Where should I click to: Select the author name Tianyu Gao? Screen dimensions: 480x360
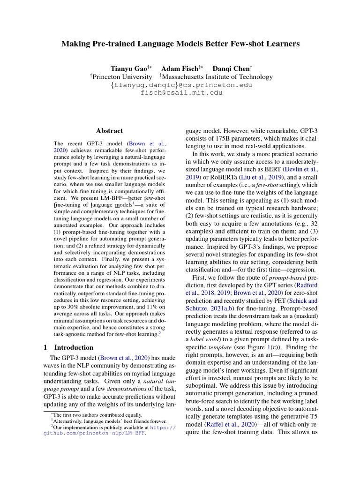click(x=124, y=68)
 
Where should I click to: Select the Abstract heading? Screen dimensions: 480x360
click(x=109, y=131)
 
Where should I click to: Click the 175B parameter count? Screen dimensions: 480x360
click(x=221, y=139)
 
